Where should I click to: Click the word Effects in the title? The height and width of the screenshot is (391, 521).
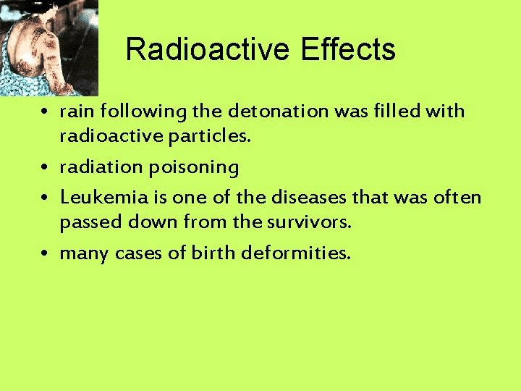tap(348, 50)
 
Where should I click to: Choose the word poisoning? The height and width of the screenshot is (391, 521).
tap(194, 167)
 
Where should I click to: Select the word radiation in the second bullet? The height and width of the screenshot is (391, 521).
tap(101, 167)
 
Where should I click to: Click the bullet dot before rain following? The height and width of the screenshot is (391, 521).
tap(45, 113)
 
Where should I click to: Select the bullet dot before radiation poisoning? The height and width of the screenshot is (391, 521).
tap(45, 168)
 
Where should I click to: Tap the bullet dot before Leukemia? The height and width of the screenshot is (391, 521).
tap(45, 197)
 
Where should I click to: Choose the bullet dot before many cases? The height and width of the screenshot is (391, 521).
tap(45, 253)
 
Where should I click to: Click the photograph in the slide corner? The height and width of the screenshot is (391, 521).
tap(48, 48)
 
